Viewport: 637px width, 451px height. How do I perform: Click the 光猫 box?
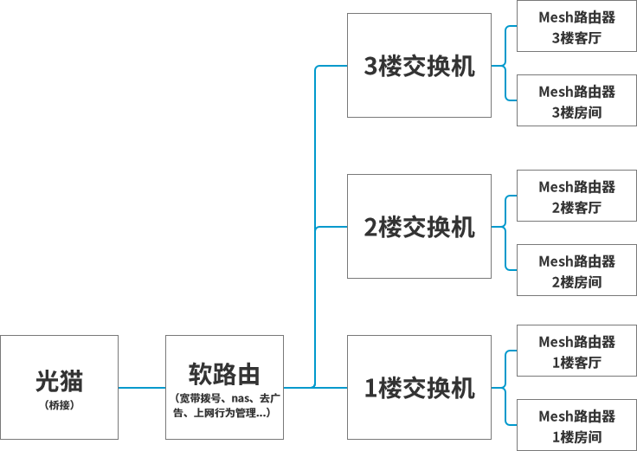click(59, 387)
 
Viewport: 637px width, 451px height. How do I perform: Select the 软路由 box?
click(224, 387)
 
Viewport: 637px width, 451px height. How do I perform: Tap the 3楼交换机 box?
click(419, 66)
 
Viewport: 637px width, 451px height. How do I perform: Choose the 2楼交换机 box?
click(419, 227)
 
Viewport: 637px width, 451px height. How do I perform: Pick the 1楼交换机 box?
click(419, 387)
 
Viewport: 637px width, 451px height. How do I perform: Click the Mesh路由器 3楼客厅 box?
click(576, 27)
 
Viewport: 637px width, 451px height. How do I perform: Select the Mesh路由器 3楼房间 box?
click(576, 101)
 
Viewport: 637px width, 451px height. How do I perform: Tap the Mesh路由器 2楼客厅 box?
click(576, 197)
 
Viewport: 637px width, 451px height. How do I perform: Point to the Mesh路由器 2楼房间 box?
click(576, 270)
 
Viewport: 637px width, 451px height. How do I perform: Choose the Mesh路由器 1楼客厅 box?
click(576, 351)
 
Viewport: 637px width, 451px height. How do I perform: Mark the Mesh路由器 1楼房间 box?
click(576, 426)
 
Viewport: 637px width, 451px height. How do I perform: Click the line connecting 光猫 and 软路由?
click(142, 387)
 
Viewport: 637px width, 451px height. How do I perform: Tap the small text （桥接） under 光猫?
click(59, 404)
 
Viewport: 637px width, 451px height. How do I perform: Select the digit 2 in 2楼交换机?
click(370, 228)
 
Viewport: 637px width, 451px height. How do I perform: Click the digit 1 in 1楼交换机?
click(370, 389)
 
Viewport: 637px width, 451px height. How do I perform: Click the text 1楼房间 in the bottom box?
click(576, 437)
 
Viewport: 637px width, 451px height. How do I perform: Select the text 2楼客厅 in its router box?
click(576, 208)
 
